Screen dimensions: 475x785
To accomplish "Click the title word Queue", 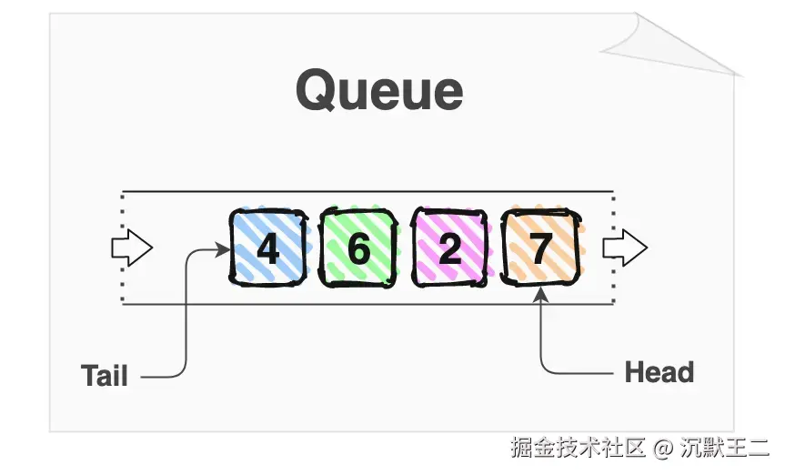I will point(379,91).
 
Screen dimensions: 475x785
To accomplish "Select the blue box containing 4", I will point(267,247).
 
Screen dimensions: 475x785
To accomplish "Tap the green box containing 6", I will point(358,247).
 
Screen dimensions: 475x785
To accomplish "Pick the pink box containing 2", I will point(450,247).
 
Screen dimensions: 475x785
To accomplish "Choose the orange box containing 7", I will point(541,247).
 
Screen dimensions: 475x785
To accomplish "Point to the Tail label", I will point(104,376).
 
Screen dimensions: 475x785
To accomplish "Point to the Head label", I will point(659,372).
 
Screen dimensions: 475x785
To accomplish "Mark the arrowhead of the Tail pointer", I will point(223,248).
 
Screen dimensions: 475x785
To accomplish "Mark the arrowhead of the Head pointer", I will point(541,292).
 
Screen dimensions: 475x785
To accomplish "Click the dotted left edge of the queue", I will point(122,248).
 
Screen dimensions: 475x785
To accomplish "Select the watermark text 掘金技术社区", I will point(577,448).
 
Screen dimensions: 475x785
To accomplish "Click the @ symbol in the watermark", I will point(663,448).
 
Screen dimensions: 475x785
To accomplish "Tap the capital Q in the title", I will point(317,91).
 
